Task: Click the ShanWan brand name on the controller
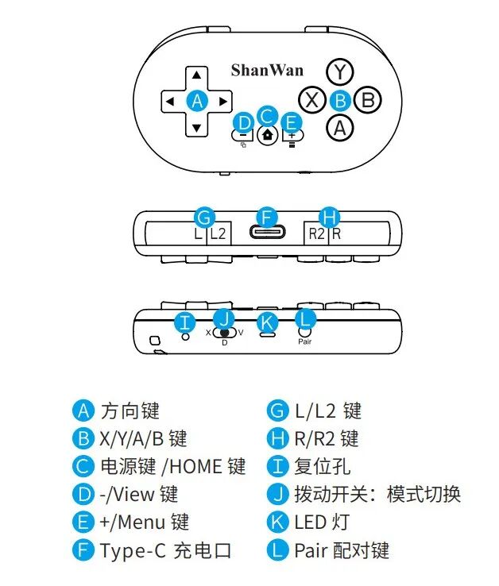pyautogui.click(x=267, y=70)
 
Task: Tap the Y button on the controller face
pyautogui.click(x=340, y=72)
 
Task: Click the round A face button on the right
pyautogui.click(x=340, y=126)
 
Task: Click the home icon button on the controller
pyautogui.click(x=267, y=133)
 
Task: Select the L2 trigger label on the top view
pyautogui.click(x=218, y=233)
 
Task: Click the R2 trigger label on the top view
pyautogui.click(x=315, y=233)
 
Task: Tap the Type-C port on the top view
pyautogui.click(x=267, y=233)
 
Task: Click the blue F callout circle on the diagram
pyautogui.click(x=267, y=216)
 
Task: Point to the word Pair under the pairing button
pyautogui.click(x=305, y=341)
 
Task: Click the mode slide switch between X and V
pyautogui.click(x=226, y=333)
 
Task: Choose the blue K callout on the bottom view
pyautogui.click(x=267, y=322)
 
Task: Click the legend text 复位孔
pyautogui.click(x=322, y=466)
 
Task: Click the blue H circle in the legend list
pyautogui.click(x=277, y=438)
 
